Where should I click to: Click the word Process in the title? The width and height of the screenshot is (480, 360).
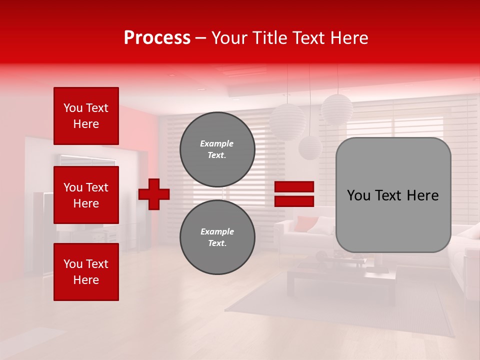pos(157,38)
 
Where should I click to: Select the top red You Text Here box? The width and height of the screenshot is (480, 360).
pos(86,116)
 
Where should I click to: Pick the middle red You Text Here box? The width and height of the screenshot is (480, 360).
pos(86,195)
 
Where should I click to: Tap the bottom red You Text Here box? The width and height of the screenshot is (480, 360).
pos(86,272)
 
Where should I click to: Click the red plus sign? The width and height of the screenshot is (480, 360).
pos(154,194)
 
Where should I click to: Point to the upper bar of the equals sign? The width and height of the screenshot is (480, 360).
pos(294,186)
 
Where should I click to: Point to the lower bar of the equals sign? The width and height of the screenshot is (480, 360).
pos(294,201)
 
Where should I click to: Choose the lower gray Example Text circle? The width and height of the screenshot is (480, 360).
pos(217,237)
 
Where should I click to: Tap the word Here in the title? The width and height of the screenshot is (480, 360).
pos(348,38)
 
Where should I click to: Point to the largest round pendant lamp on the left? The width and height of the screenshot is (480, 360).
pos(287,120)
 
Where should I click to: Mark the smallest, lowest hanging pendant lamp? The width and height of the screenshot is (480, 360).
pos(310,147)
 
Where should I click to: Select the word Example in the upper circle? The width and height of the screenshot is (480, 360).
pos(216,143)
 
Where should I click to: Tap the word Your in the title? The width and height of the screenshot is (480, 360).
pos(228,38)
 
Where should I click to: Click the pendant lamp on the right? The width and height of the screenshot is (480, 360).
pos(337,109)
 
